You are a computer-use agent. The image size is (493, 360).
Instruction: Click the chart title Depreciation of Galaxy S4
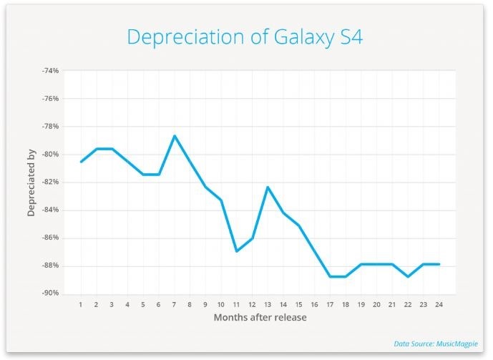pos(245,37)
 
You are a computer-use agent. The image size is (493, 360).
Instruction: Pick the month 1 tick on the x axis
pos(81,304)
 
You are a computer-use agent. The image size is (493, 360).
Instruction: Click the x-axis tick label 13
pos(268,304)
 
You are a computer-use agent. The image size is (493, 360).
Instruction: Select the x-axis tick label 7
pos(174,304)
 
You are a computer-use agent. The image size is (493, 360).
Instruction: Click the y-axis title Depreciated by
pos(31,183)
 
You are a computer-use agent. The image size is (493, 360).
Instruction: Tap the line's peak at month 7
pos(174,135)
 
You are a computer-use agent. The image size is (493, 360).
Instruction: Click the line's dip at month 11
pos(237,251)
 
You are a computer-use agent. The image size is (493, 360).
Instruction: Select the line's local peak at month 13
pos(268,187)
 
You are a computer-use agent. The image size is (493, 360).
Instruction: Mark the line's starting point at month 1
pos(81,162)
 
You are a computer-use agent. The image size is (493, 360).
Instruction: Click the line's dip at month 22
pos(408,276)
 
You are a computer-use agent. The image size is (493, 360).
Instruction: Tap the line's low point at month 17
pos(330,276)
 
